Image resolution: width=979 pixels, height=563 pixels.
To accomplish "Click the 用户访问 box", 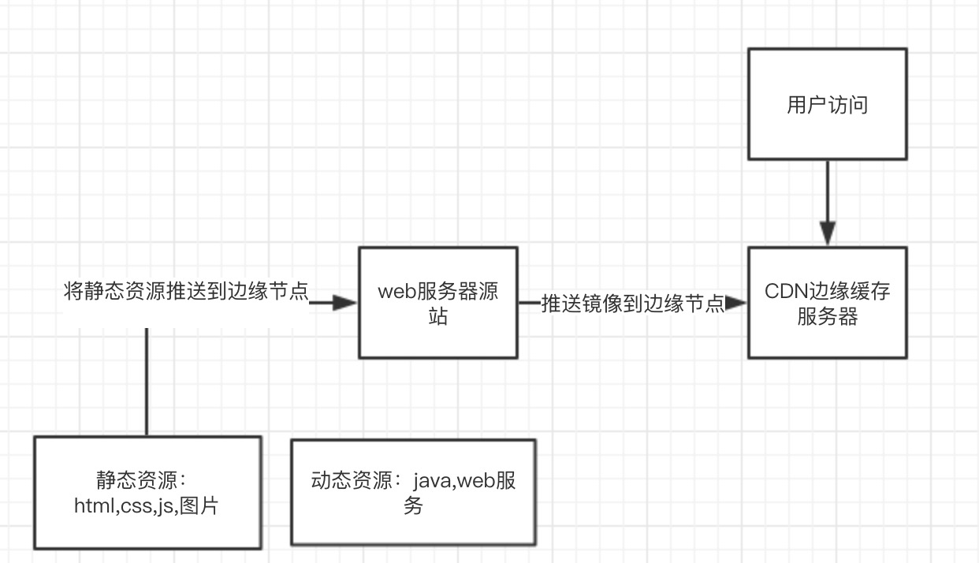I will (827, 104).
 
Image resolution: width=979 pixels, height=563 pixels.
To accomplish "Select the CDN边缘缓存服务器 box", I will (827, 303).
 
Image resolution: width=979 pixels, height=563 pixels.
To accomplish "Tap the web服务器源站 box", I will (438, 303).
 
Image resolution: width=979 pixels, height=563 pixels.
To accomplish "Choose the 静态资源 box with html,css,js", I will (147, 493).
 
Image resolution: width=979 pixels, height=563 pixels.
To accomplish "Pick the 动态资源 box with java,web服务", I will (413, 492).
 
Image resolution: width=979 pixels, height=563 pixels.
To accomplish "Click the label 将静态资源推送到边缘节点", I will (185, 293).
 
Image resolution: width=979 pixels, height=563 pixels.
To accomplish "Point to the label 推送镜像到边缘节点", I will (632, 304).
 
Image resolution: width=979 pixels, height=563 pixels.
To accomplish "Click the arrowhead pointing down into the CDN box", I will (827, 234).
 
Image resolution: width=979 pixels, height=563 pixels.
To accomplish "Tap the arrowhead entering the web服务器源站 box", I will (345, 304).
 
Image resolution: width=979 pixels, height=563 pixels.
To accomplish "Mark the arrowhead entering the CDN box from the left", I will (736, 304).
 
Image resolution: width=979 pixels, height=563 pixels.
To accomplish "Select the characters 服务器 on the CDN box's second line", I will (827, 318).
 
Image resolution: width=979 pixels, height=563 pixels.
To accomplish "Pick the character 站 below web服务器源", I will (438, 318).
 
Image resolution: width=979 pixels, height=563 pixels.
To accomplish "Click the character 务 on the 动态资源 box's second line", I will (413, 506).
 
